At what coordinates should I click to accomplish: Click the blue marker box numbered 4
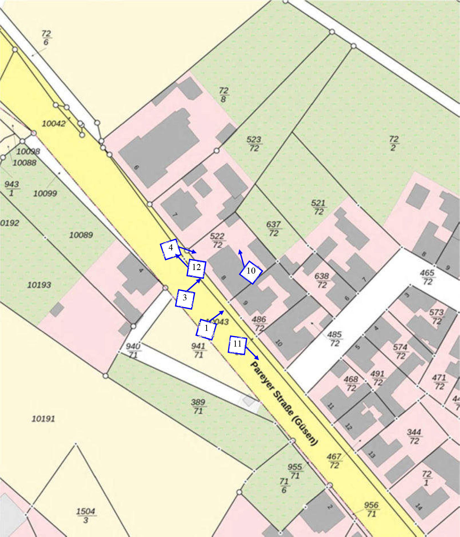[169, 249]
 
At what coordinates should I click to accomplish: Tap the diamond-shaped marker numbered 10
[251, 272]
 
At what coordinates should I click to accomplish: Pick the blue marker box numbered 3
[185, 299]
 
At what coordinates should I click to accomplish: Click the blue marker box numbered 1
[206, 329]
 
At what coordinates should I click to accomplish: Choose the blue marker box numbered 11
[237, 345]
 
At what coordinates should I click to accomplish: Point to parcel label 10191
[43, 419]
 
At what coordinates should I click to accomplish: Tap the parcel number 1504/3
[86, 515]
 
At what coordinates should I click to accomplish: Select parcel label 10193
[39, 285]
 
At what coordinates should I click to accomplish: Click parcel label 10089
[81, 235]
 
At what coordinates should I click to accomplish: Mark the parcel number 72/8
[223, 95]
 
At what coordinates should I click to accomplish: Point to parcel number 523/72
[254, 144]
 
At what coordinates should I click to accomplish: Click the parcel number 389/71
[198, 406]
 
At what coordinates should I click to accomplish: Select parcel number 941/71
[198, 350]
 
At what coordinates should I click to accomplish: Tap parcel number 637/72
[273, 229]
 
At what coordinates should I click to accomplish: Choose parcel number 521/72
[318, 207]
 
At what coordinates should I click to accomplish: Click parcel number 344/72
[414, 436]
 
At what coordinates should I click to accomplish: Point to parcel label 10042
[54, 123]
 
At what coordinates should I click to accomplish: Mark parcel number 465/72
[427, 277]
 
